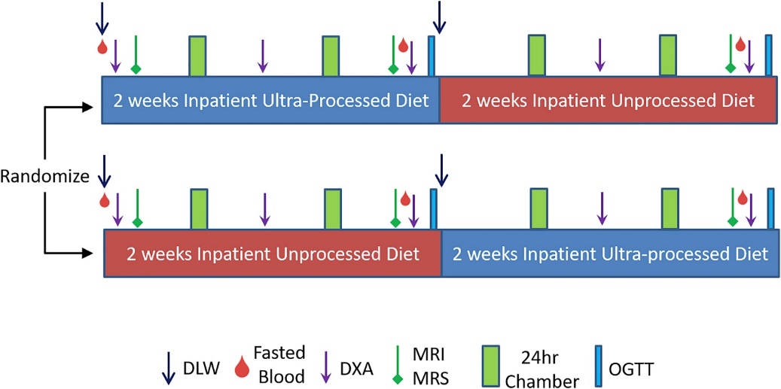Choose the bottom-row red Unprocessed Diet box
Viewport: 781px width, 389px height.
click(x=273, y=254)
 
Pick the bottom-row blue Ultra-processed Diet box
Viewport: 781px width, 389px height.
click(x=610, y=254)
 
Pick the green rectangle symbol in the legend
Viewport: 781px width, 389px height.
click(x=492, y=367)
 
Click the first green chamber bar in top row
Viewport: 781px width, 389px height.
click(x=198, y=56)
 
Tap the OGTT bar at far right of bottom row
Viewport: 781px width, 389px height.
click(x=770, y=208)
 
